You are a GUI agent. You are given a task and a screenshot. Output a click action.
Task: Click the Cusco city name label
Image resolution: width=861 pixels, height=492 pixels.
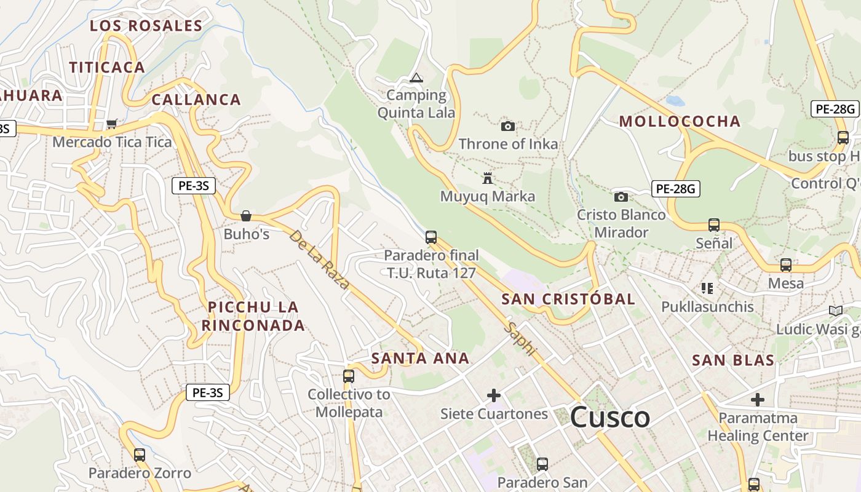click(x=609, y=418)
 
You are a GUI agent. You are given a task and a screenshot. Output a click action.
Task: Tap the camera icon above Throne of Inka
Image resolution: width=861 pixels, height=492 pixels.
click(x=507, y=126)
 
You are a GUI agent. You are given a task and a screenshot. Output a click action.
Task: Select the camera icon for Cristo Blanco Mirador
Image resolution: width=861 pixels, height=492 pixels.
click(x=621, y=197)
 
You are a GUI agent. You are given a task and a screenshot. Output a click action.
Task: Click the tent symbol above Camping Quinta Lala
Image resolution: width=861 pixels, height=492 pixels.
click(x=416, y=77)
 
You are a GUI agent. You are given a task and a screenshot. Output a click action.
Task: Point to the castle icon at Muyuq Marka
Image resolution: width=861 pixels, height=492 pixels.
click(x=488, y=178)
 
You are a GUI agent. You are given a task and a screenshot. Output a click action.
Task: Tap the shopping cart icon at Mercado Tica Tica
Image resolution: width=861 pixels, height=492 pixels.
click(x=111, y=124)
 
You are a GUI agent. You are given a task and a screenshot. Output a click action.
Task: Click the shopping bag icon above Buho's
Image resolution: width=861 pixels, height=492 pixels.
click(x=246, y=216)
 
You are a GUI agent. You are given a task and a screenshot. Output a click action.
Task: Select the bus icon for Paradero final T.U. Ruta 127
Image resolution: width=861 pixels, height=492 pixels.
click(x=431, y=237)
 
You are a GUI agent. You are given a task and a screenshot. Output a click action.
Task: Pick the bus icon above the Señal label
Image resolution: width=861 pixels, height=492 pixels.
click(x=713, y=225)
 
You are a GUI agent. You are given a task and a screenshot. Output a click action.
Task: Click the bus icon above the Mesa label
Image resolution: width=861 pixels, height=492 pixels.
click(x=785, y=265)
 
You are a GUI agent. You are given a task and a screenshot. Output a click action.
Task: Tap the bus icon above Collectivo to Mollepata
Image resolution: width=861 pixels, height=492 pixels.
click(x=349, y=376)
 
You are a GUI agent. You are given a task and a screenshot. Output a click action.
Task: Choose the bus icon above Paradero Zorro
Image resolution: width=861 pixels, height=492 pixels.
click(x=140, y=455)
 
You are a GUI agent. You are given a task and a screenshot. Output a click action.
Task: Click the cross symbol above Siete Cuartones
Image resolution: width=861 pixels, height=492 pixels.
click(x=493, y=395)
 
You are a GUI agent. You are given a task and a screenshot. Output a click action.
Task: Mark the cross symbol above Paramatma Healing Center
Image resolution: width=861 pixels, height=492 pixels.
click(x=757, y=400)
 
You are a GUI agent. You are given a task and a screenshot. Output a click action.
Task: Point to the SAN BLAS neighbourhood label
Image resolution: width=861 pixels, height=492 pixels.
click(x=733, y=360)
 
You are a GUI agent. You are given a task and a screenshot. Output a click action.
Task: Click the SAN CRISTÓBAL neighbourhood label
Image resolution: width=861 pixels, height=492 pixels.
click(x=568, y=300)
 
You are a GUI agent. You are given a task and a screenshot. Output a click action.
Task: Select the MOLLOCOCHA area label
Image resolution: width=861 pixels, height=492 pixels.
click(x=680, y=121)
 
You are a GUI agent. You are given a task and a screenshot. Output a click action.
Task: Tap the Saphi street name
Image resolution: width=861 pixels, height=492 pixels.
click(x=520, y=338)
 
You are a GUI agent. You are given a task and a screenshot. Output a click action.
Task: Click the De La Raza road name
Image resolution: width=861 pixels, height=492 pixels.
click(x=319, y=260)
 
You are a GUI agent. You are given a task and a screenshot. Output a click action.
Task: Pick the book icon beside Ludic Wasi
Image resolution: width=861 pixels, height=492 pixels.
click(x=835, y=311)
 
